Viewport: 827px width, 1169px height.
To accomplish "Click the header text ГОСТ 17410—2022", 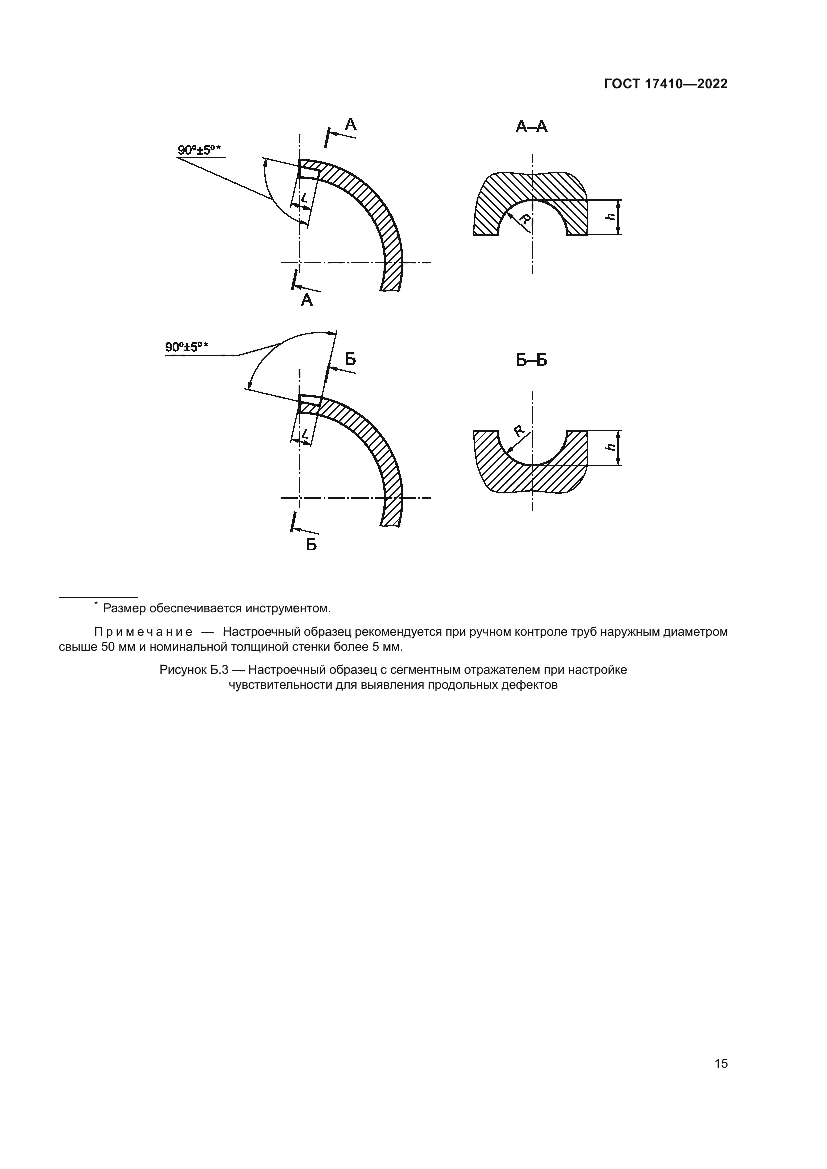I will [665, 84].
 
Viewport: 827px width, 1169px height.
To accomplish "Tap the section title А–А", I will [531, 127].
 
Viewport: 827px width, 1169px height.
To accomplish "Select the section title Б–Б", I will [531, 360].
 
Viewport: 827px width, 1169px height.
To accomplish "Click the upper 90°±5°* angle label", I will [199, 150].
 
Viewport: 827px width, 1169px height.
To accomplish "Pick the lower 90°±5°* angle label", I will [187, 347].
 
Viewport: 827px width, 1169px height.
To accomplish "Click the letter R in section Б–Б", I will [519, 431].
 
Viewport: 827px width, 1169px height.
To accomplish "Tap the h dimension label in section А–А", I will [610, 216].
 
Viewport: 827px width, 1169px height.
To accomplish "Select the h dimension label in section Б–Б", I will [610, 447].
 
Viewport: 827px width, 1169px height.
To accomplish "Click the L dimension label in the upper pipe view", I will [304, 197].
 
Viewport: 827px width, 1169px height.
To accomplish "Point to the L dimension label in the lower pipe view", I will [305, 434].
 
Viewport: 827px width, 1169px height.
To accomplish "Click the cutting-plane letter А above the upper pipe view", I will [351, 125].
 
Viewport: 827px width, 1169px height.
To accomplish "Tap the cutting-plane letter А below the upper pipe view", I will [307, 300].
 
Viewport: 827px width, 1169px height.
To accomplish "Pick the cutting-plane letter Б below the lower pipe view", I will [311, 545].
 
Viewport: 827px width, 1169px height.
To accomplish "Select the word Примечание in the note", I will [143, 632].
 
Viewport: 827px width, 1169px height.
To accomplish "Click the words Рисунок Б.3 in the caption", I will [194, 670].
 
